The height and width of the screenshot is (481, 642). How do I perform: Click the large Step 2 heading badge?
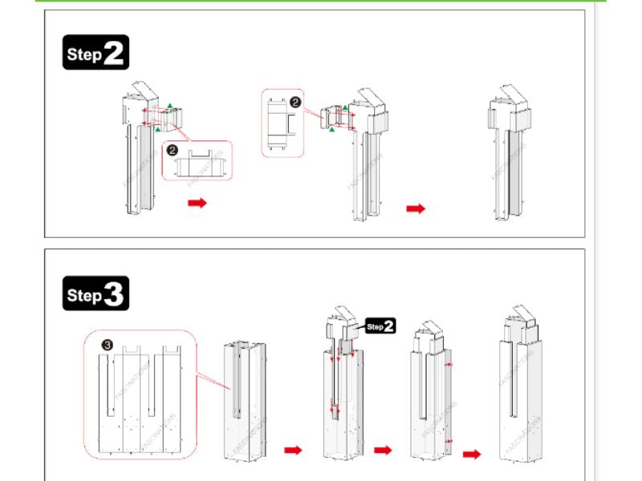[x=95, y=54]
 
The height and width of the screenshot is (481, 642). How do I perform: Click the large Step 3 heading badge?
[x=95, y=294]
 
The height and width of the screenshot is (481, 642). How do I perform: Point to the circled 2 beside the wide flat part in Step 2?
[x=171, y=149]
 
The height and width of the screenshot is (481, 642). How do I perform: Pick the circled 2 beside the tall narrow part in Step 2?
[x=295, y=102]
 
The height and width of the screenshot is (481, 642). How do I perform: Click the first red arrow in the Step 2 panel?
[x=197, y=203]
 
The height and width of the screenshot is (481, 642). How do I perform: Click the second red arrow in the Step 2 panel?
[x=415, y=208]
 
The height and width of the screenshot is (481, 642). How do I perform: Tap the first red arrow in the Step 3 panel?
[x=294, y=450]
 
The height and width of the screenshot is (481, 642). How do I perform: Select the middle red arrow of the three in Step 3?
[x=383, y=450]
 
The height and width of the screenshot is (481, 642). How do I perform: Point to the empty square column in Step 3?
[x=243, y=397]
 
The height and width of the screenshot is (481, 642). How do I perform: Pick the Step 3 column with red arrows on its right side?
[x=431, y=393]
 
